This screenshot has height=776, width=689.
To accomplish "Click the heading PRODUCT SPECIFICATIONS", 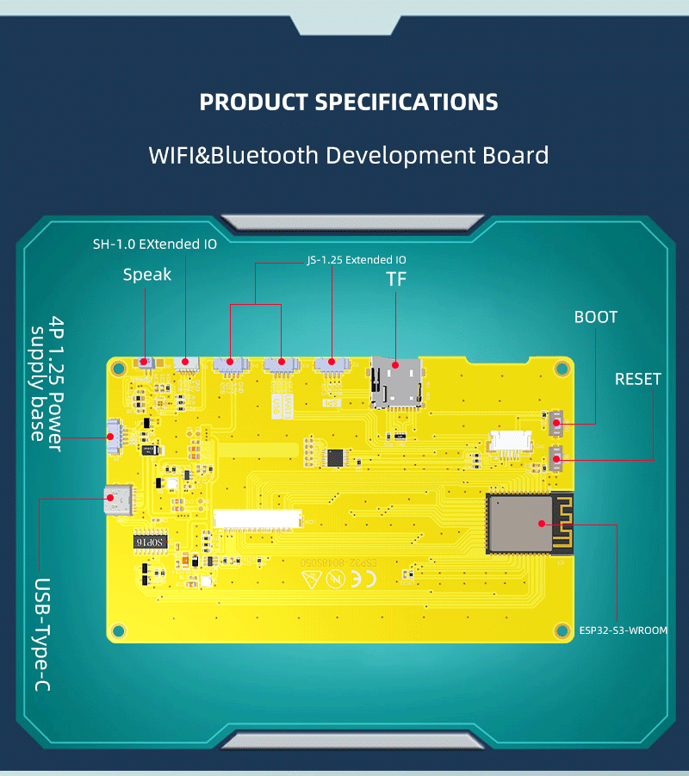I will [x=349, y=102].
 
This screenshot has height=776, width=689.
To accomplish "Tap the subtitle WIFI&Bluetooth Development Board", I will [x=349, y=156].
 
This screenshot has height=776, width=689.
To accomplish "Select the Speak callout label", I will [x=147, y=275].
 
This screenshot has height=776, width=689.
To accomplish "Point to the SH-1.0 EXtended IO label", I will [x=155, y=244].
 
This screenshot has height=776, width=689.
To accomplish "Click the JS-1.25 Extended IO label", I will [x=357, y=259].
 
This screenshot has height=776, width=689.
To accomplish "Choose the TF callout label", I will [x=396, y=279].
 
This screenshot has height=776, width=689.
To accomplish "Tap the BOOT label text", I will [x=596, y=317].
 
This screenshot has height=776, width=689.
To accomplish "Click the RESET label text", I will [x=638, y=379].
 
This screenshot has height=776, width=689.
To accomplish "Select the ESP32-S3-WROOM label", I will [x=624, y=630].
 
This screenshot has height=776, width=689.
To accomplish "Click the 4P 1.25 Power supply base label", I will [x=47, y=379].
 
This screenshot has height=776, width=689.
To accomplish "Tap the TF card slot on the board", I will [x=395, y=380].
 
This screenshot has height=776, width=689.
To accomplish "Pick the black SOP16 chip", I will [x=150, y=542].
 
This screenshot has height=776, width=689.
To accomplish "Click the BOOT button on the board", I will [x=556, y=422].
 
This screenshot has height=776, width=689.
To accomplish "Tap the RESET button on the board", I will [x=556, y=457].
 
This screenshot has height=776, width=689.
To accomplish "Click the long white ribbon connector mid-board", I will [x=259, y=518].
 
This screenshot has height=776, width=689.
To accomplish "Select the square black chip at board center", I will [x=335, y=456].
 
